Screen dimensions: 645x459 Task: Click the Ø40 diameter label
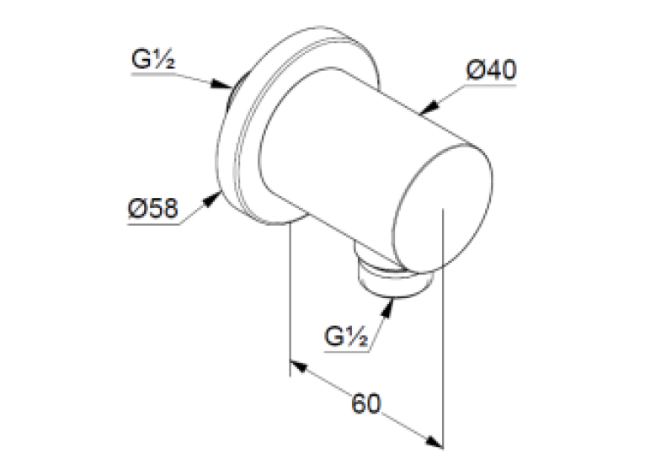click(x=491, y=71)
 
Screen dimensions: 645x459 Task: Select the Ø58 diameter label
click(x=153, y=209)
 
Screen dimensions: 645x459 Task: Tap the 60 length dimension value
click(x=366, y=403)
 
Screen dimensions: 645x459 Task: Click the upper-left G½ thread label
click(x=153, y=59)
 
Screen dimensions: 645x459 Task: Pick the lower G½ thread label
click(x=346, y=336)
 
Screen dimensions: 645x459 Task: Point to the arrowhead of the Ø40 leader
click(x=429, y=107)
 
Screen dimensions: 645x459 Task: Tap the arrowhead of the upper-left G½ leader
click(x=221, y=84)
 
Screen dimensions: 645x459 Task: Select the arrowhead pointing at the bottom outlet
click(x=388, y=307)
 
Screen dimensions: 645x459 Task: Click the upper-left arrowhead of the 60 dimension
click(x=299, y=366)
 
